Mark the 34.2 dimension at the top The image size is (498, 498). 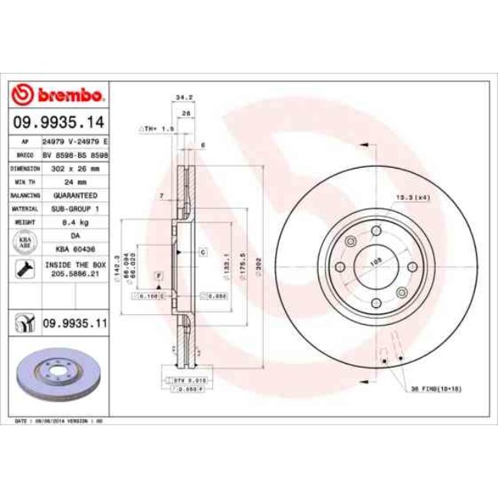(183, 97)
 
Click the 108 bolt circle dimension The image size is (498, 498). (376, 262)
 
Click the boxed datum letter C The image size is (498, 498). (204, 252)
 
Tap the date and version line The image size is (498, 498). (59, 421)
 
